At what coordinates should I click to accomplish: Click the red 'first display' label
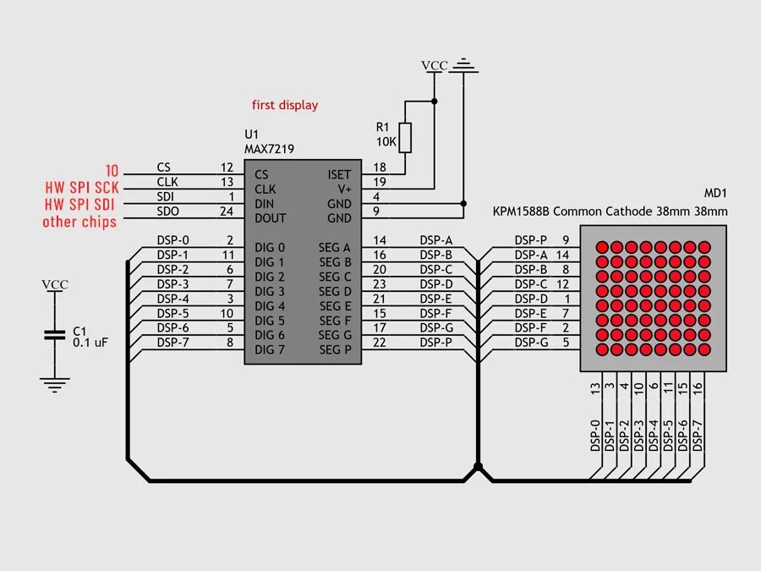285,105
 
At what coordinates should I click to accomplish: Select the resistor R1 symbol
405,136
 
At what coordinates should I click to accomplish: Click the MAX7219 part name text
269,148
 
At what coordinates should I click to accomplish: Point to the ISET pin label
340,174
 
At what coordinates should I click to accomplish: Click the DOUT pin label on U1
270,218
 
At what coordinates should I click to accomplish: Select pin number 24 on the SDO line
227,211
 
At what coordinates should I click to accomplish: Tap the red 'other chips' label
79,222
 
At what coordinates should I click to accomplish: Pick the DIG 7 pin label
270,349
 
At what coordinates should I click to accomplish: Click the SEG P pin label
335,349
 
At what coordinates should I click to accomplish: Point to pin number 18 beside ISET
379,167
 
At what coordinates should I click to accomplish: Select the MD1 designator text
715,194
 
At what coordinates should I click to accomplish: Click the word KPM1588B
521,211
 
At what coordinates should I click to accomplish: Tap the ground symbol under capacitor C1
55,385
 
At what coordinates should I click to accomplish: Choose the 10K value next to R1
386,141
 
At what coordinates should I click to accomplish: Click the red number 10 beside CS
112,169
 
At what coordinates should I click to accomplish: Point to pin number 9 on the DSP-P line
565,240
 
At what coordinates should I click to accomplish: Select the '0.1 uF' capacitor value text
90,343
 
